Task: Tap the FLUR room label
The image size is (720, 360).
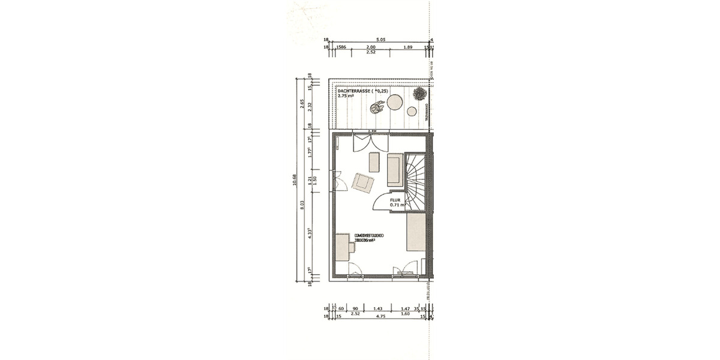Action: pyautogui.click(x=395, y=200)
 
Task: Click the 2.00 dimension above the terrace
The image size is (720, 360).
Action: pyautogui.click(x=371, y=47)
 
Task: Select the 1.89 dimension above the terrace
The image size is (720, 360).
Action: pyautogui.click(x=408, y=47)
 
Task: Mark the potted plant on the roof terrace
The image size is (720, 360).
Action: pyautogui.click(x=419, y=94)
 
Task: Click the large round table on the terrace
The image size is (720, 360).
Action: pyautogui.click(x=395, y=102)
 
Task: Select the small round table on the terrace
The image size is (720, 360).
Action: pyautogui.click(x=412, y=110)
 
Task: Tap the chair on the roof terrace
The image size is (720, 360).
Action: pyautogui.click(x=377, y=108)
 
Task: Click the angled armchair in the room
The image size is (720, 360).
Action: pyautogui.click(x=364, y=182)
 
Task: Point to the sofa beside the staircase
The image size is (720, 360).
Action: pyautogui.click(x=395, y=169)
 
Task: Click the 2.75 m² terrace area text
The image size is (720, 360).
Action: pyautogui.click(x=346, y=96)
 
